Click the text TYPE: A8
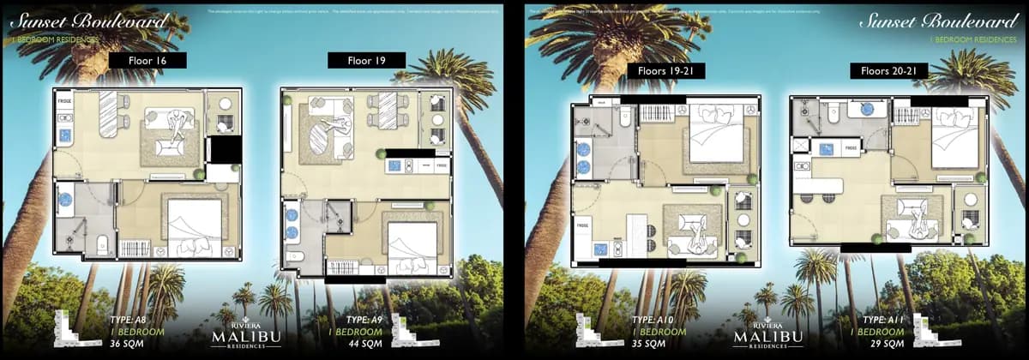click(x=129, y=321)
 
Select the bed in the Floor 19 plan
click(x=412, y=244)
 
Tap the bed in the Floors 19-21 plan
click(x=719, y=134)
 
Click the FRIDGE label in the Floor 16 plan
click(x=64, y=101)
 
